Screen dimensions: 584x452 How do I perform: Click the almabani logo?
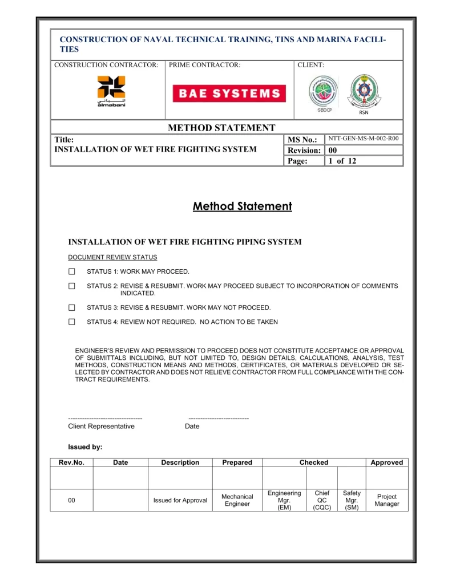coord(111,92)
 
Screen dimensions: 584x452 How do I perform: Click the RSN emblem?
coord(364,92)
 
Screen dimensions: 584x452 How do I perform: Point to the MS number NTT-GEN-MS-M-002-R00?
coord(364,139)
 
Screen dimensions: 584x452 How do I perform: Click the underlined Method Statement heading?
coord(242,206)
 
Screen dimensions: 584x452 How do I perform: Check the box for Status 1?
coord(72,271)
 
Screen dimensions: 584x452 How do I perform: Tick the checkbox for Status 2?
coord(72,286)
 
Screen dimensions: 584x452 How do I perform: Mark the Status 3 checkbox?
coord(72,307)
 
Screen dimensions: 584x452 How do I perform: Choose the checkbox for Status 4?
coord(72,322)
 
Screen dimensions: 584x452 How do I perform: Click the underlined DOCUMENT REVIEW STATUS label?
coord(112,257)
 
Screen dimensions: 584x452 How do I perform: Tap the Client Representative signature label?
coord(101,427)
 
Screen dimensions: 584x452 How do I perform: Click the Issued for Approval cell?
coord(180,501)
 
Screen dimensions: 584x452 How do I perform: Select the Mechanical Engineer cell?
coord(237,501)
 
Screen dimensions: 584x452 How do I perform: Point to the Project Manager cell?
coord(387,501)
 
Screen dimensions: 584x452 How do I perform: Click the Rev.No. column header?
coord(71,463)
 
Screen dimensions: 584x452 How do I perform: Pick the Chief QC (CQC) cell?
coord(322,501)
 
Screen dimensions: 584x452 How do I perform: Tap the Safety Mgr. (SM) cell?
coord(352,501)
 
